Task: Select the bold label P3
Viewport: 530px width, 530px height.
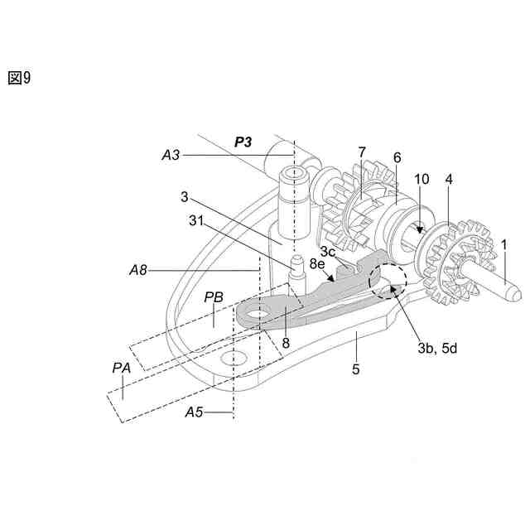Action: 243,141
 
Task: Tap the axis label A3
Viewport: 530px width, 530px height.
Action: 171,155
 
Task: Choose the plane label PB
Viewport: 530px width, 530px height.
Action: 213,296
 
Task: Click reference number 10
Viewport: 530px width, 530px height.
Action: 422,179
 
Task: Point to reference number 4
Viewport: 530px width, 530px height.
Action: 449,179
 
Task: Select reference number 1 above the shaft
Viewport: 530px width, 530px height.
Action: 503,245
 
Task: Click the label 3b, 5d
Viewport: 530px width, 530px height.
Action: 437,349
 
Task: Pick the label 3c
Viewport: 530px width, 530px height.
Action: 328,250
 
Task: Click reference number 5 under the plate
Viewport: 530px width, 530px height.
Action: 356,369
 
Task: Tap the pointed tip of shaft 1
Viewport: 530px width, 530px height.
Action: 516,293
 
